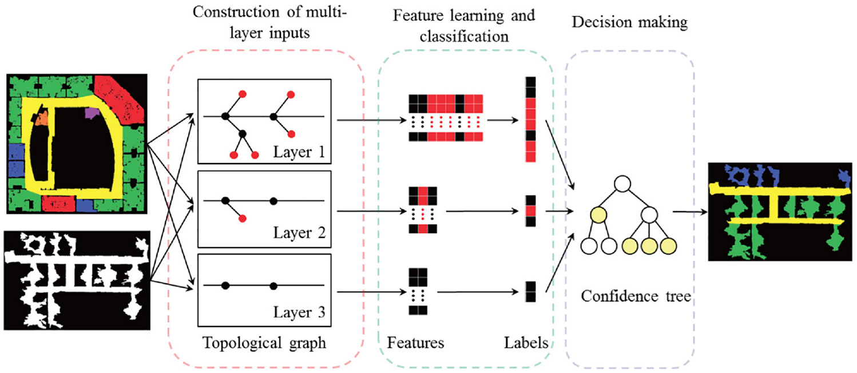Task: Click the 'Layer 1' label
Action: coord(299,152)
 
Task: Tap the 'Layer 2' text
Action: coord(299,233)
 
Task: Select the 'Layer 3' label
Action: coord(299,312)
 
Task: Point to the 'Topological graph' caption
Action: coord(264,343)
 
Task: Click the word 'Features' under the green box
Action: coord(415,343)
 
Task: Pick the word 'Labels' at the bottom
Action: coord(526,343)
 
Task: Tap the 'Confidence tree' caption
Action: coord(636,296)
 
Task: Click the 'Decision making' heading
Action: coord(630,22)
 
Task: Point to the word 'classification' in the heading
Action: coord(464,37)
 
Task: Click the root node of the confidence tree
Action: coord(622,184)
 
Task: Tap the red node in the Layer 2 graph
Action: coord(242,219)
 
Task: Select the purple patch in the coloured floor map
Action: coord(92,113)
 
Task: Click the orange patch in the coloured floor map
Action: coord(42,117)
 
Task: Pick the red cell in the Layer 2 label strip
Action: coord(530,211)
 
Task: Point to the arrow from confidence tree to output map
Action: coord(690,212)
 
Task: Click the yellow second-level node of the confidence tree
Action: coord(598,215)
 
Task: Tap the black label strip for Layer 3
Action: coord(530,292)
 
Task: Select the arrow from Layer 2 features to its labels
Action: coord(482,211)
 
